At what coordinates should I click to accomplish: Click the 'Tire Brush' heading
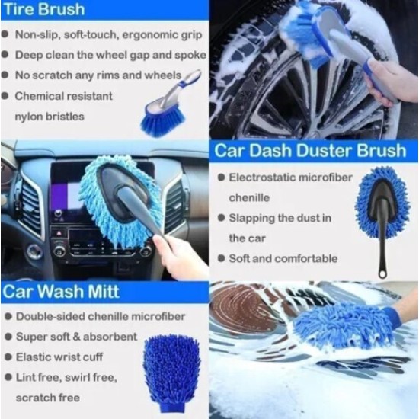44,10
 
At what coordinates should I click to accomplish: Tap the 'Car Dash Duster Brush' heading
310,150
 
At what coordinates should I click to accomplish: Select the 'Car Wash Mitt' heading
61,291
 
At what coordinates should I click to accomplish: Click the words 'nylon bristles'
50,117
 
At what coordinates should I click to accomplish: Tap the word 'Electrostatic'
259,178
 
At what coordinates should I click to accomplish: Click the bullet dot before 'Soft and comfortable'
221,258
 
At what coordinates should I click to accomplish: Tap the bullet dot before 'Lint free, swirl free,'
8,377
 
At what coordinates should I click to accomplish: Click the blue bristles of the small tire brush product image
163,122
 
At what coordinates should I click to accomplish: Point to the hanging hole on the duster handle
382,274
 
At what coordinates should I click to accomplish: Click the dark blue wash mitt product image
171,373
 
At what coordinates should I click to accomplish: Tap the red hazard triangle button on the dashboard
59,233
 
